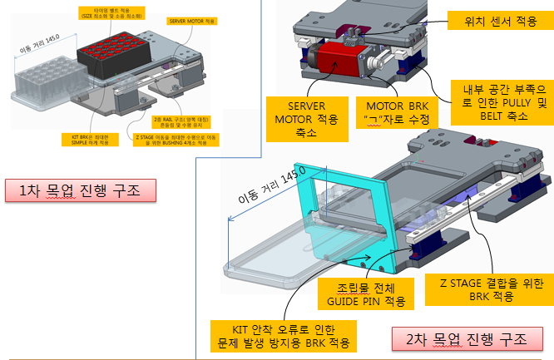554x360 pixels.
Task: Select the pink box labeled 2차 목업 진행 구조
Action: click(x=467, y=338)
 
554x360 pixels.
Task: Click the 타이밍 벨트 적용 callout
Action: click(x=110, y=12)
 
